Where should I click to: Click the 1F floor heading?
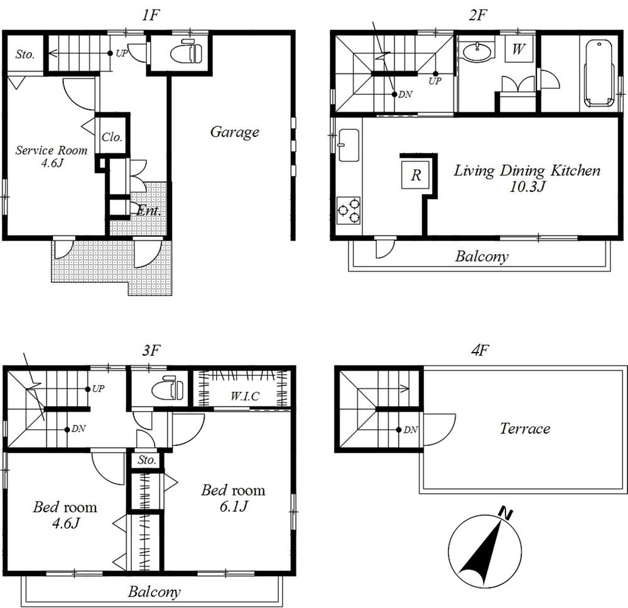tap(148, 16)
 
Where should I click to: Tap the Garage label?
tap(234, 132)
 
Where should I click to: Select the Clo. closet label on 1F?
tap(112, 137)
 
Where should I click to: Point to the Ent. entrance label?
tap(149, 211)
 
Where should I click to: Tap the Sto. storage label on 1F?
tap(24, 55)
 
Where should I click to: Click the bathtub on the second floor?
tap(598, 74)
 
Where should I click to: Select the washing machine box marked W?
tap(518, 50)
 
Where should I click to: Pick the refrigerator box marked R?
tap(416, 174)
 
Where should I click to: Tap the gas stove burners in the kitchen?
tap(349, 210)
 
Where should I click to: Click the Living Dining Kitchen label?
tap(527, 178)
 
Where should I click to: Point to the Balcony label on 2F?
tap(482, 256)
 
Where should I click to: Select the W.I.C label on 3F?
tap(244, 395)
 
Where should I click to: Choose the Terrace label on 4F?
tap(525, 429)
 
